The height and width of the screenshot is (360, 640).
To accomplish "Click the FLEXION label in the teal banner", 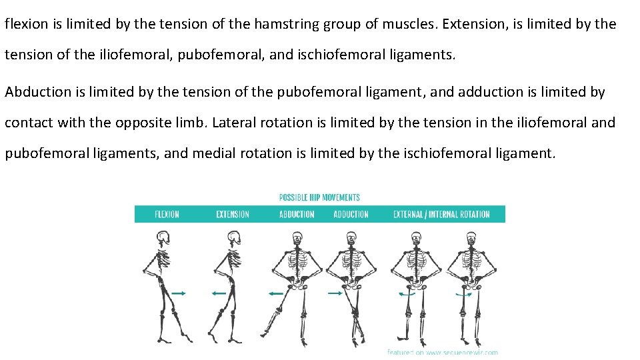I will pos(167,215).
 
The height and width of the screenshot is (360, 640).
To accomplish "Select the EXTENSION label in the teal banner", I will pos(233,215).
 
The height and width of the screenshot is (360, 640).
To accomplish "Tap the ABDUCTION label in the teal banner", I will pos(297,215).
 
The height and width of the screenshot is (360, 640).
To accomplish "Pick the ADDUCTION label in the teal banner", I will pos(351,215).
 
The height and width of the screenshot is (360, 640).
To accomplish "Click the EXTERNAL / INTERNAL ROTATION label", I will pos(441,215).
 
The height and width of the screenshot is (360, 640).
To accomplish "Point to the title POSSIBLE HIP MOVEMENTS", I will pos(319,197).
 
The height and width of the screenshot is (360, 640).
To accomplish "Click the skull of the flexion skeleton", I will pos(163,239).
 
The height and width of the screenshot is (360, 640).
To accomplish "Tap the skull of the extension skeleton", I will pos(233,239).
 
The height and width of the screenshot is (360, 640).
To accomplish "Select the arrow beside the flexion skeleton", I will pos(179,293).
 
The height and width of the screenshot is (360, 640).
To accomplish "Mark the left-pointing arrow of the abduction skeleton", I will pos(275,293).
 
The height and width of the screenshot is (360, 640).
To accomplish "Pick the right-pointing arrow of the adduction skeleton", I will pos(335,292).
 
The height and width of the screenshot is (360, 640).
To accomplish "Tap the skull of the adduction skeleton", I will pos(351,239).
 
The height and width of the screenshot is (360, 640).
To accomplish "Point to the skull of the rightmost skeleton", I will pos(470,239).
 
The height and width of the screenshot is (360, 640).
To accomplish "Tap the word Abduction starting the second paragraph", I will pos(36,92).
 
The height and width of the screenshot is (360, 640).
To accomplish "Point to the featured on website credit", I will pos(442,352).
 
